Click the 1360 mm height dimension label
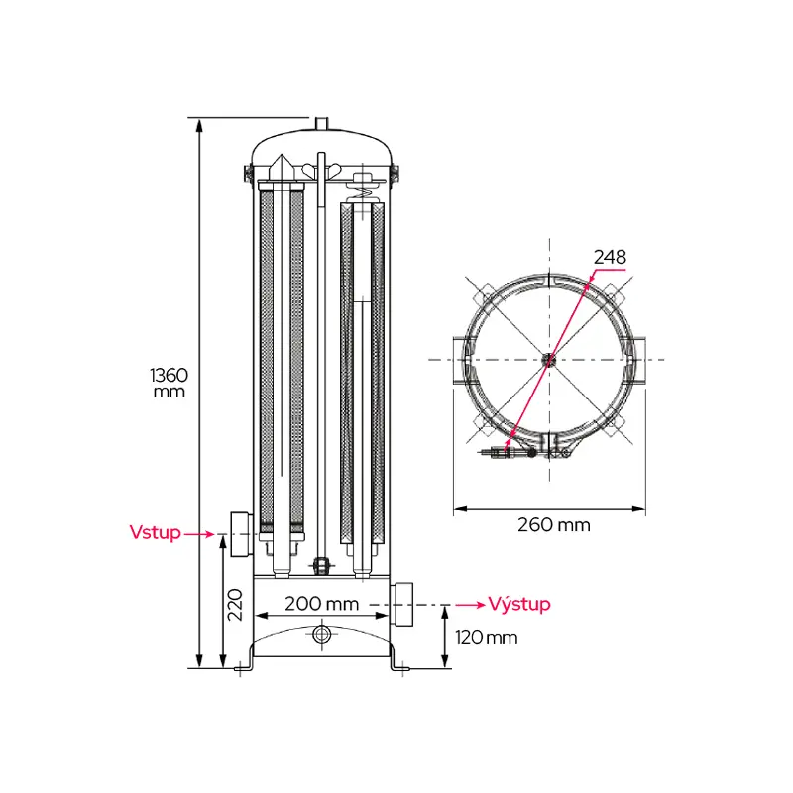[169, 383]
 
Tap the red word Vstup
[155, 532]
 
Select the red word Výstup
[518, 604]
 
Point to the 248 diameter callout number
[610, 257]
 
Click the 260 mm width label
[554, 525]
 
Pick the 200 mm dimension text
[321, 604]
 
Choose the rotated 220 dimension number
[236, 605]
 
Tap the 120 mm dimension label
[486, 638]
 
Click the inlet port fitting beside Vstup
[242, 534]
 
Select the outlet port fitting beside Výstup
[401, 605]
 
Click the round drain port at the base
[321, 633]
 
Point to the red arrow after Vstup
[199, 534]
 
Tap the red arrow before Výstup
[470, 605]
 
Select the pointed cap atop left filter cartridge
[281, 168]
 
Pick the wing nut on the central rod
[321, 170]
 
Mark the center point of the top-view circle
[549, 360]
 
